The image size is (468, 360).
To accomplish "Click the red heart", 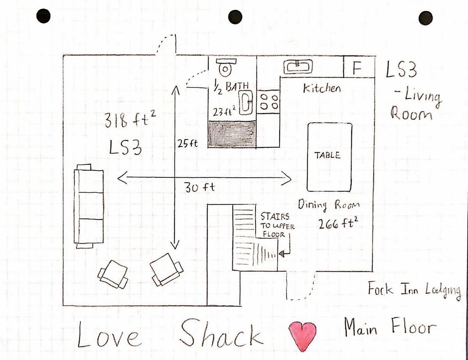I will coord(302,335).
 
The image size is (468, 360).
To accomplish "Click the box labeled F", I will coord(357,69).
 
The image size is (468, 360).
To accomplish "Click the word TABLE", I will coord(328,155).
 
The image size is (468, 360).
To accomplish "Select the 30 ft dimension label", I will coord(199,187).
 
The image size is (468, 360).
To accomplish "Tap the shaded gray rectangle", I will coord(232,134).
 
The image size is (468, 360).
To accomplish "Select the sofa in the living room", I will coord(89,206).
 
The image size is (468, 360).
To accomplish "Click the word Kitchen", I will coord(322,88).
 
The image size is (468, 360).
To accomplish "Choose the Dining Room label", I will coord(329,205).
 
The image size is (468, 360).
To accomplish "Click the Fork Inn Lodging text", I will coord(414,291).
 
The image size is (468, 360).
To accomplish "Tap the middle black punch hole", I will coord(235,17).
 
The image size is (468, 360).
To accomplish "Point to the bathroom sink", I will coord(246,101).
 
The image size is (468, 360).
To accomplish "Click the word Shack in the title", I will coord(221,333).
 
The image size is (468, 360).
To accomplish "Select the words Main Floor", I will coord(390,327).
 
